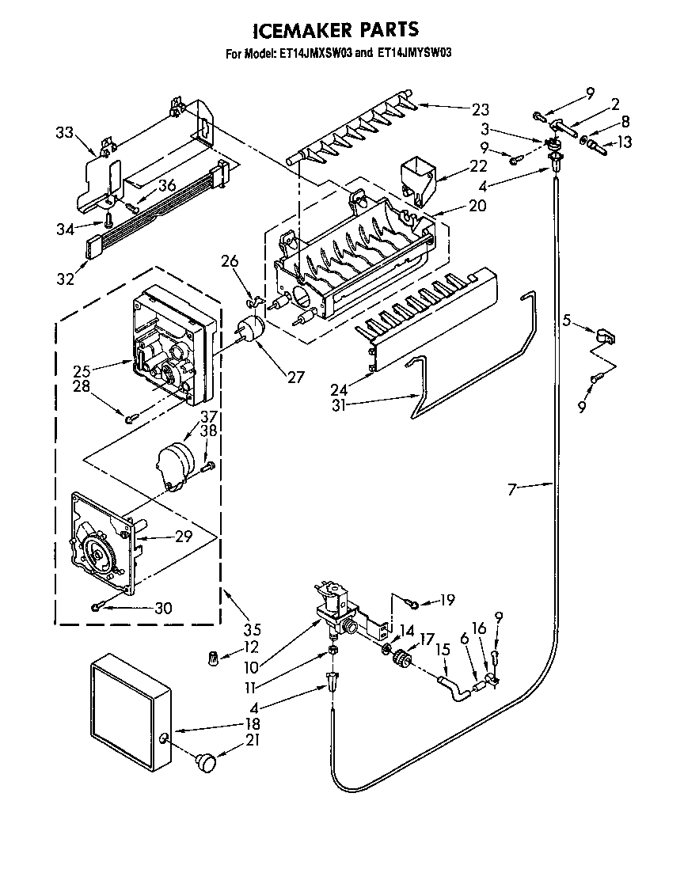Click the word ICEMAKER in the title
coord(299,31)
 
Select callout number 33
coord(66,133)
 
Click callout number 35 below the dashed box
coord(252,631)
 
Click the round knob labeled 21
coord(207,761)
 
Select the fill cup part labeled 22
coord(419,176)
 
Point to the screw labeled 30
coord(96,607)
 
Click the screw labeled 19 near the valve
coord(412,604)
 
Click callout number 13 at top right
coord(625,142)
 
